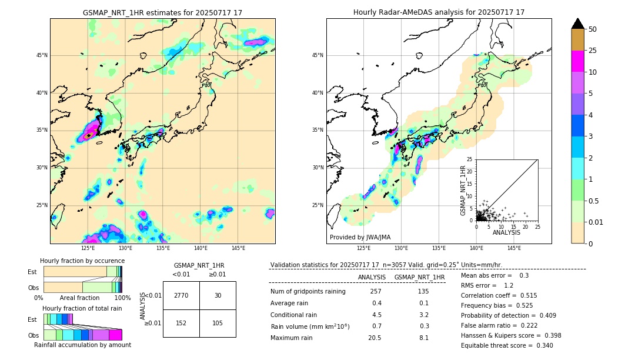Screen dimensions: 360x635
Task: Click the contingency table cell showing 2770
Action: [181, 295]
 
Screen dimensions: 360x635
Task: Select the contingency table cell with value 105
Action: [218, 323]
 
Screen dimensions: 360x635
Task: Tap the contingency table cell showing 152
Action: [181, 323]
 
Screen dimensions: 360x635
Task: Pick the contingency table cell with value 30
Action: [218, 295]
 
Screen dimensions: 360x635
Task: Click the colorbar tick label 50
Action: [593, 29]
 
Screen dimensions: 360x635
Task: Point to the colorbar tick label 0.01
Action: [596, 222]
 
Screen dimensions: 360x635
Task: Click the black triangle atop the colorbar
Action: [578, 24]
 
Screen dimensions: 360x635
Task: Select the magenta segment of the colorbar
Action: [578, 61]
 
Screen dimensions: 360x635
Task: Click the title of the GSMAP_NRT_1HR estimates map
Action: [162, 12]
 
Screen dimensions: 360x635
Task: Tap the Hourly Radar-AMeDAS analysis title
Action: [439, 12]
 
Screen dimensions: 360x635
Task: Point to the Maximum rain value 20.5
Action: [375, 338]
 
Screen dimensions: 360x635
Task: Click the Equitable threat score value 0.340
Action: [542, 345]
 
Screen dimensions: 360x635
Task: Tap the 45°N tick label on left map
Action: [42, 55]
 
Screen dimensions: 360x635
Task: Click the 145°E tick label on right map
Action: [514, 248]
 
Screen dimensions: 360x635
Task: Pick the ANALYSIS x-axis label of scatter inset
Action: [506, 232]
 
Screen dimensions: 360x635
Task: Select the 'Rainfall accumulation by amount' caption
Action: [83, 345]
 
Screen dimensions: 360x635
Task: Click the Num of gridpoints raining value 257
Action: [376, 292]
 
